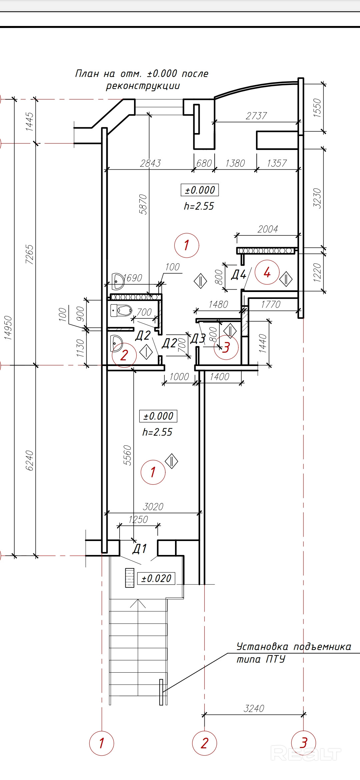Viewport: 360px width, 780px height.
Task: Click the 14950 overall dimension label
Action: (8, 328)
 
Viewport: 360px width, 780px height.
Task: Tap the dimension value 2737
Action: (256, 116)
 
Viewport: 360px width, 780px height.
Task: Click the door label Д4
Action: (239, 274)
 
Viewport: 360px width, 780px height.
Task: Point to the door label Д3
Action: (198, 339)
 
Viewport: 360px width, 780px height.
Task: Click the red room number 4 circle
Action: (267, 272)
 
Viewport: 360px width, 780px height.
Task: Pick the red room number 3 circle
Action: (226, 347)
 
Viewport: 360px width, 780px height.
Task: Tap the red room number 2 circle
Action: (124, 355)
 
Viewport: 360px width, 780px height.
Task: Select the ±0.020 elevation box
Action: (156, 578)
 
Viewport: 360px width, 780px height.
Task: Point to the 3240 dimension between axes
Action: (254, 708)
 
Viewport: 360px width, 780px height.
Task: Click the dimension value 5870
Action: (143, 204)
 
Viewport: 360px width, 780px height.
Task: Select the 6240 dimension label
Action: (30, 460)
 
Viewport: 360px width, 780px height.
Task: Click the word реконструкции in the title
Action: (143, 86)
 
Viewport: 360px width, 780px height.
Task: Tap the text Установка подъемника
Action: (294, 647)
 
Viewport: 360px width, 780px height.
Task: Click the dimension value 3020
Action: (153, 507)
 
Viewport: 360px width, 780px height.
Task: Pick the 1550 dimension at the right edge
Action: (317, 107)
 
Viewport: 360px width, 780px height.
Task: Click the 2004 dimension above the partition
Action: (268, 229)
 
